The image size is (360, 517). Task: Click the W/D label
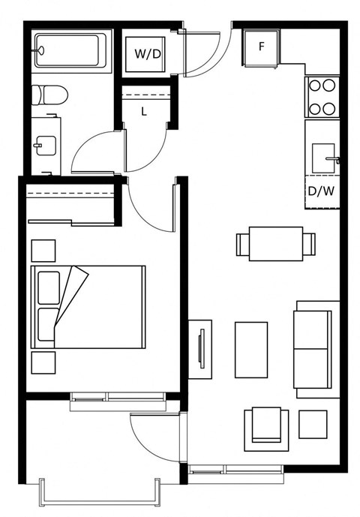[x=147, y=54]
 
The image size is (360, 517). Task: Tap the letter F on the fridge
[x=262, y=47]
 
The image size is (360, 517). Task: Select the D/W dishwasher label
[x=322, y=191]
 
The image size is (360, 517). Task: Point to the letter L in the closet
[x=144, y=112]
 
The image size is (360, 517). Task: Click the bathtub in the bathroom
[x=70, y=51]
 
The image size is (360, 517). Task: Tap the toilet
[x=49, y=95]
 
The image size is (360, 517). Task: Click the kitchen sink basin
[x=324, y=158]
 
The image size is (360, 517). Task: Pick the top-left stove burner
[x=315, y=86]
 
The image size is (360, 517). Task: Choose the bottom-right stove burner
[x=329, y=109]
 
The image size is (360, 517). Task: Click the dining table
[x=276, y=244]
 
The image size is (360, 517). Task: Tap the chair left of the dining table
[x=243, y=244]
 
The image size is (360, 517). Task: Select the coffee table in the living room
[x=251, y=350]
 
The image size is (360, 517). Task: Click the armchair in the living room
[x=266, y=429]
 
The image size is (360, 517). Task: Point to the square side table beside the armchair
[x=313, y=425]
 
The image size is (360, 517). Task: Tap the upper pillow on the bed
[x=49, y=288]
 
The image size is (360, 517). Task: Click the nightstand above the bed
[x=43, y=251]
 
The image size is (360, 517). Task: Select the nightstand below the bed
[x=43, y=362]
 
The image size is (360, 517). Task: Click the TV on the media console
[x=202, y=349]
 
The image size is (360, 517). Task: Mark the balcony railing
[x=100, y=503]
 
